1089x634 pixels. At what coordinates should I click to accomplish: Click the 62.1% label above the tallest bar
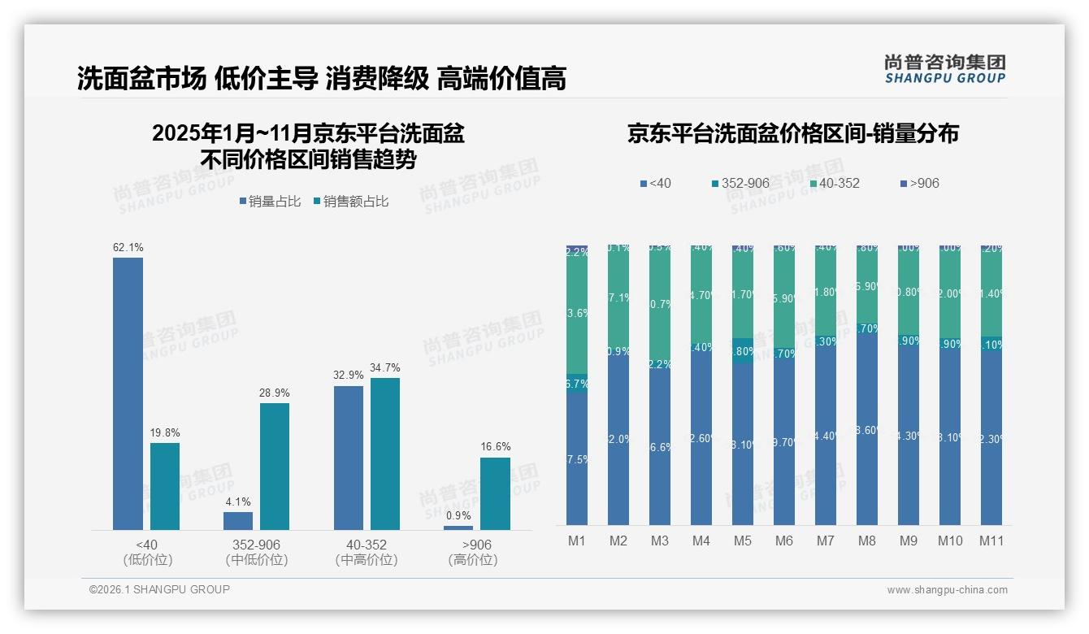[x=128, y=247]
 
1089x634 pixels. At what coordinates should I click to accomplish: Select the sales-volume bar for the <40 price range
[x=128, y=394]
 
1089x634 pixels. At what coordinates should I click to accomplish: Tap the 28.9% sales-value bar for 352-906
[x=275, y=467]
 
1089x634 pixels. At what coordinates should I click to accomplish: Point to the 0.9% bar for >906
[x=458, y=528]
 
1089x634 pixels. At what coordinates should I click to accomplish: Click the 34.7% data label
[x=385, y=367]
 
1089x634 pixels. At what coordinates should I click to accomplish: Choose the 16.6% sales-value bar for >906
[x=495, y=493]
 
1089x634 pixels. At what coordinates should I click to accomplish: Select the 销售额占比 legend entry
[x=350, y=202]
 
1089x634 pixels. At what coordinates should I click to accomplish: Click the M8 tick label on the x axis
[x=866, y=541]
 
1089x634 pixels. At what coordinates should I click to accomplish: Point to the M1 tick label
[x=576, y=541]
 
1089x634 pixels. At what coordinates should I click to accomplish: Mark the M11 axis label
[x=991, y=541]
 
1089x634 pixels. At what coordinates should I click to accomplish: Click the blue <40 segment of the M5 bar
[x=743, y=443]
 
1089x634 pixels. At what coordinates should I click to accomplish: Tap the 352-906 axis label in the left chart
[x=257, y=545]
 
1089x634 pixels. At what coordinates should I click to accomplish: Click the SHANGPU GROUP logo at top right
[x=944, y=69]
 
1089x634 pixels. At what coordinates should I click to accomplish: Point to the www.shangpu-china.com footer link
[x=947, y=590]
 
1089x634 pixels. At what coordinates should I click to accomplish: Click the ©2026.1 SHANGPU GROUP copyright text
[x=159, y=589]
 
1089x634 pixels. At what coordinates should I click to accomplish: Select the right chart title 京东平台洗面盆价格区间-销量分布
[x=792, y=134]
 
